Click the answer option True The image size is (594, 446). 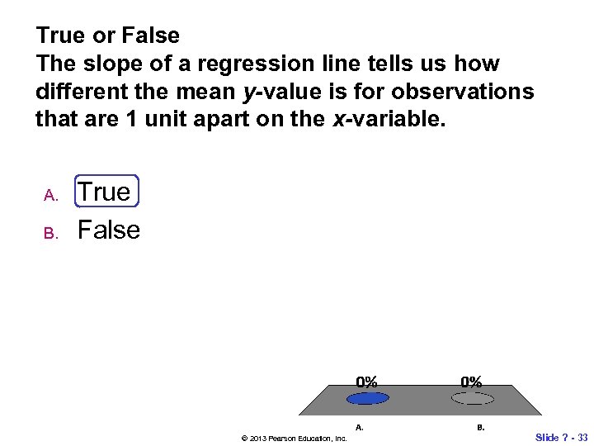[104, 192]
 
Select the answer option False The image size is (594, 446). [109, 230]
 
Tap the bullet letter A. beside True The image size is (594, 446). [50, 196]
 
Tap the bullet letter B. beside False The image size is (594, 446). [50, 234]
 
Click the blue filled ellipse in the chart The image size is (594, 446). [368, 398]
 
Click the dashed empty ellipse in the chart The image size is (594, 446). [473, 398]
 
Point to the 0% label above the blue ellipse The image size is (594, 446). [367, 382]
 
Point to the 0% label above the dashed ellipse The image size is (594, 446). [472, 382]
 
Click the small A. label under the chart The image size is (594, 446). [360, 427]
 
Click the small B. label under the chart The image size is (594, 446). [480, 427]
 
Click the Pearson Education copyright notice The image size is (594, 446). [294, 438]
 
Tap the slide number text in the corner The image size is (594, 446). [562, 437]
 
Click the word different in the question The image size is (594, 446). [78, 92]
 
